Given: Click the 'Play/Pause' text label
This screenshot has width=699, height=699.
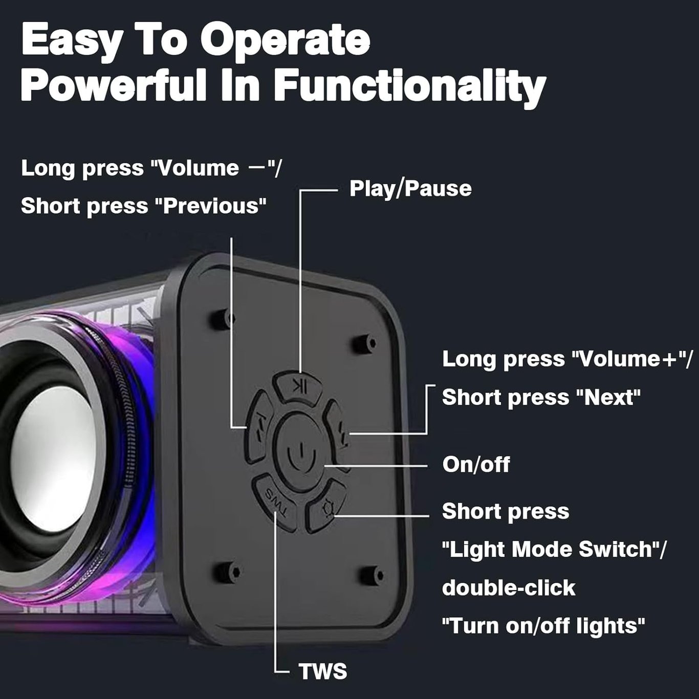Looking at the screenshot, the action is coord(410,189).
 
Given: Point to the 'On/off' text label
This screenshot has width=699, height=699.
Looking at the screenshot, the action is coord(476,464).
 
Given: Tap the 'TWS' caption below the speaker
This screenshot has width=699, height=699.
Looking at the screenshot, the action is coord(322,671).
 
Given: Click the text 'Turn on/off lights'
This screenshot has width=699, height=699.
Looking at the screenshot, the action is coord(543,626).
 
